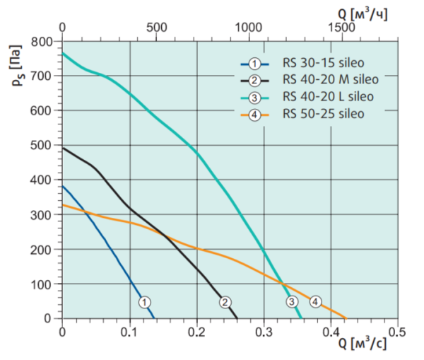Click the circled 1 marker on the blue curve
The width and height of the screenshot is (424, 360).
pos(145,302)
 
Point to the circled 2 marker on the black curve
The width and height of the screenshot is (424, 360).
pos(225,302)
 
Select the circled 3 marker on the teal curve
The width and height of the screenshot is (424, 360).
pos(292,302)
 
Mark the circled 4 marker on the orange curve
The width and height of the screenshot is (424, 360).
pos(315,302)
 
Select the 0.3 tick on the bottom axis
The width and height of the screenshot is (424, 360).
pos(263,331)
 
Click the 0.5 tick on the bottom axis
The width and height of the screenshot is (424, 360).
pos(397,331)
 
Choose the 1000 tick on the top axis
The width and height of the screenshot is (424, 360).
pos(248,27)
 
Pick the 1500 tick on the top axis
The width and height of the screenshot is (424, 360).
pos(341,27)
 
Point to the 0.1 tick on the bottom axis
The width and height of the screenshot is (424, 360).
pos(129,331)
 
